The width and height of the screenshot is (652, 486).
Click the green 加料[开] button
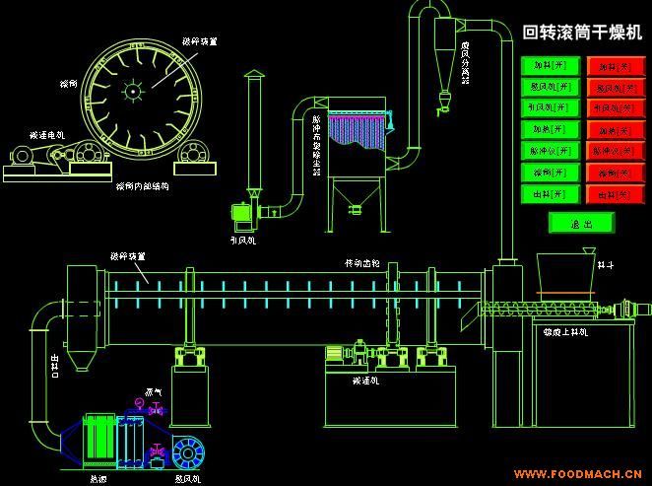[x=551, y=65]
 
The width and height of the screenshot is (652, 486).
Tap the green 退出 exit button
[x=581, y=223]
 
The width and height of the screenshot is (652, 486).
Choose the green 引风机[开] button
[x=551, y=107]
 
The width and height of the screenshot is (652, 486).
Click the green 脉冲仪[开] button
[x=551, y=151]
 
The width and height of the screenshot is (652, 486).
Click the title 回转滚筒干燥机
[x=581, y=33]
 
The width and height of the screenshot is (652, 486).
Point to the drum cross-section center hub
[x=130, y=92]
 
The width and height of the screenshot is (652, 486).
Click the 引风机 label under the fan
[x=242, y=240]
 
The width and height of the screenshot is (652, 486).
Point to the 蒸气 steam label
[x=154, y=392]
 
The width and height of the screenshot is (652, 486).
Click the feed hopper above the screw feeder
[x=564, y=271]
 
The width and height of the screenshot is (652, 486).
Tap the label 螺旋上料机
[x=566, y=332]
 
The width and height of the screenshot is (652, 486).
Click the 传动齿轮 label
[x=361, y=263]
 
